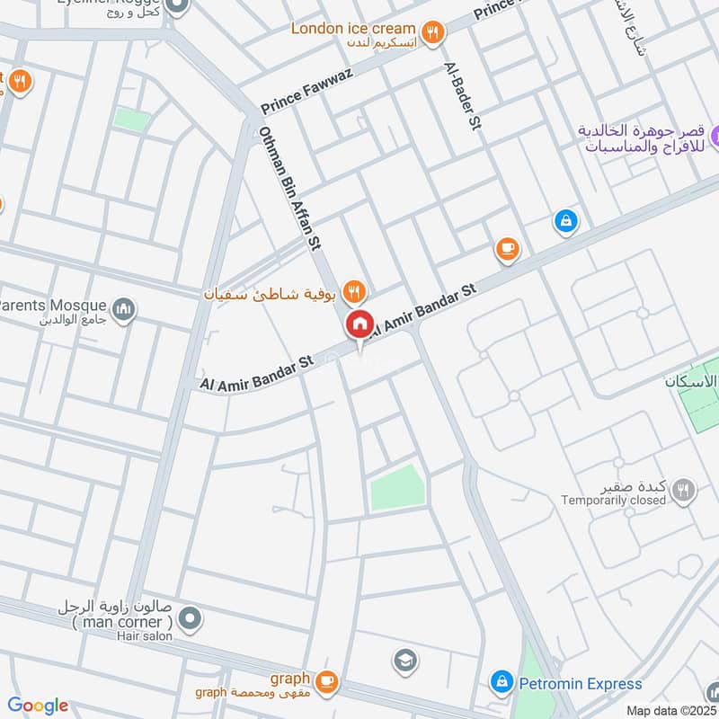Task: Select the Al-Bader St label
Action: (458, 97)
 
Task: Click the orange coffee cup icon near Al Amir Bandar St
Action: (508, 248)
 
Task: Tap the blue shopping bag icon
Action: (565, 220)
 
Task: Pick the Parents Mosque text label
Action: (53, 305)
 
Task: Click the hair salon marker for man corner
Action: (190, 617)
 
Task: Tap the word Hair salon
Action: (143, 635)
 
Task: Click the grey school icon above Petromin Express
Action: (405, 661)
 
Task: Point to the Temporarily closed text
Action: (614, 500)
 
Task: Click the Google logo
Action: (38, 706)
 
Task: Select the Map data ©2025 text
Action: (670, 710)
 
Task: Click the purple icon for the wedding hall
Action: (716, 138)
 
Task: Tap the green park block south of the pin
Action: (395, 489)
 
